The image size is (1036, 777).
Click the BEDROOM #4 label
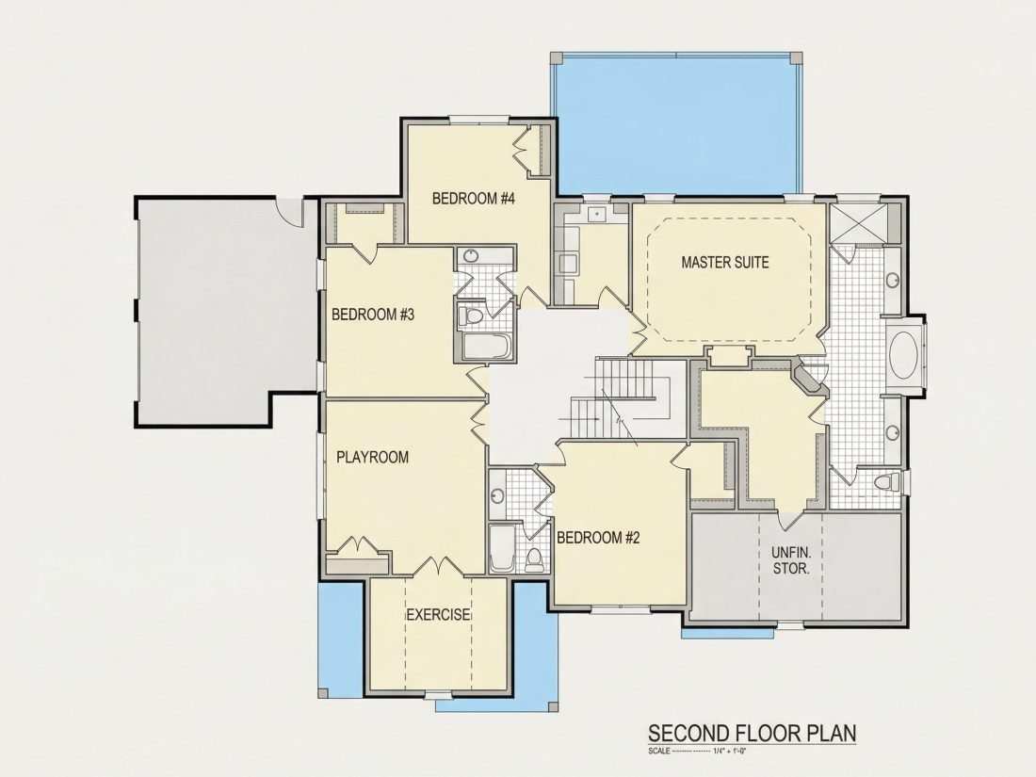(x=473, y=198)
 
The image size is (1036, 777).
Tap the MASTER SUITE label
(x=725, y=263)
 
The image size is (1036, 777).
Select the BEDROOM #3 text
(x=373, y=314)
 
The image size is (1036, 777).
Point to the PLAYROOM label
(x=373, y=457)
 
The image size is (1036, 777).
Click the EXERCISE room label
(x=438, y=614)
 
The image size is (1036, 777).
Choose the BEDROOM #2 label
(x=599, y=538)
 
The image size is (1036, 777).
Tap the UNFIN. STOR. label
(x=791, y=559)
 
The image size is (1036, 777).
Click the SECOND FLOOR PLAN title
(x=752, y=733)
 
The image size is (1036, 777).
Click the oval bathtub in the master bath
(x=902, y=355)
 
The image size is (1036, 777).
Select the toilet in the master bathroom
(x=887, y=481)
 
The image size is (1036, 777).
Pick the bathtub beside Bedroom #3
(x=486, y=347)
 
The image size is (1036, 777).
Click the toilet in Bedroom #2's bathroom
(x=534, y=558)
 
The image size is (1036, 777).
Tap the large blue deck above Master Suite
(x=675, y=124)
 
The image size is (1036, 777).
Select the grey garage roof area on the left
(x=225, y=311)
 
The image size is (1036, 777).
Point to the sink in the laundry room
(x=598, y=214)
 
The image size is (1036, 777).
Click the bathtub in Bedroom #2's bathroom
(x=501, y=548)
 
